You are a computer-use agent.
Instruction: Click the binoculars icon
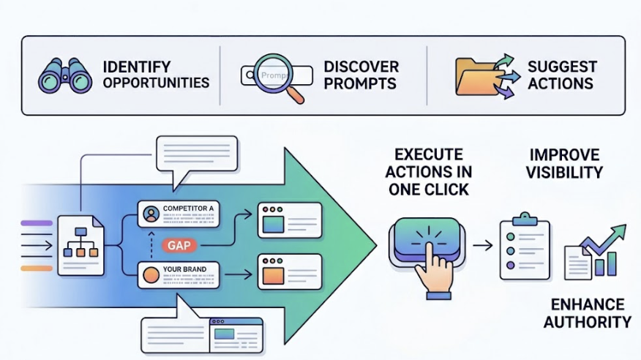click(x=66, y=75)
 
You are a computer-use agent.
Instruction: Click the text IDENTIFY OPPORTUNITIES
click(x=155, y=75)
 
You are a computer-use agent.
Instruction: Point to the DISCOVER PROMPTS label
click(x=361, y=75)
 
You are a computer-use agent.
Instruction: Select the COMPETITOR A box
click(x=178, y=214)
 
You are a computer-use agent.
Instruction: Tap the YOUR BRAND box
click(x=178, y=275)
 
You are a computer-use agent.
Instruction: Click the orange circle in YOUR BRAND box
click(x=151, y=276)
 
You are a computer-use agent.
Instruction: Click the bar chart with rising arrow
click(x=596, y=253)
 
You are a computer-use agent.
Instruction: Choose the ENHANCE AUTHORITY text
click(x=588, y=312)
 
